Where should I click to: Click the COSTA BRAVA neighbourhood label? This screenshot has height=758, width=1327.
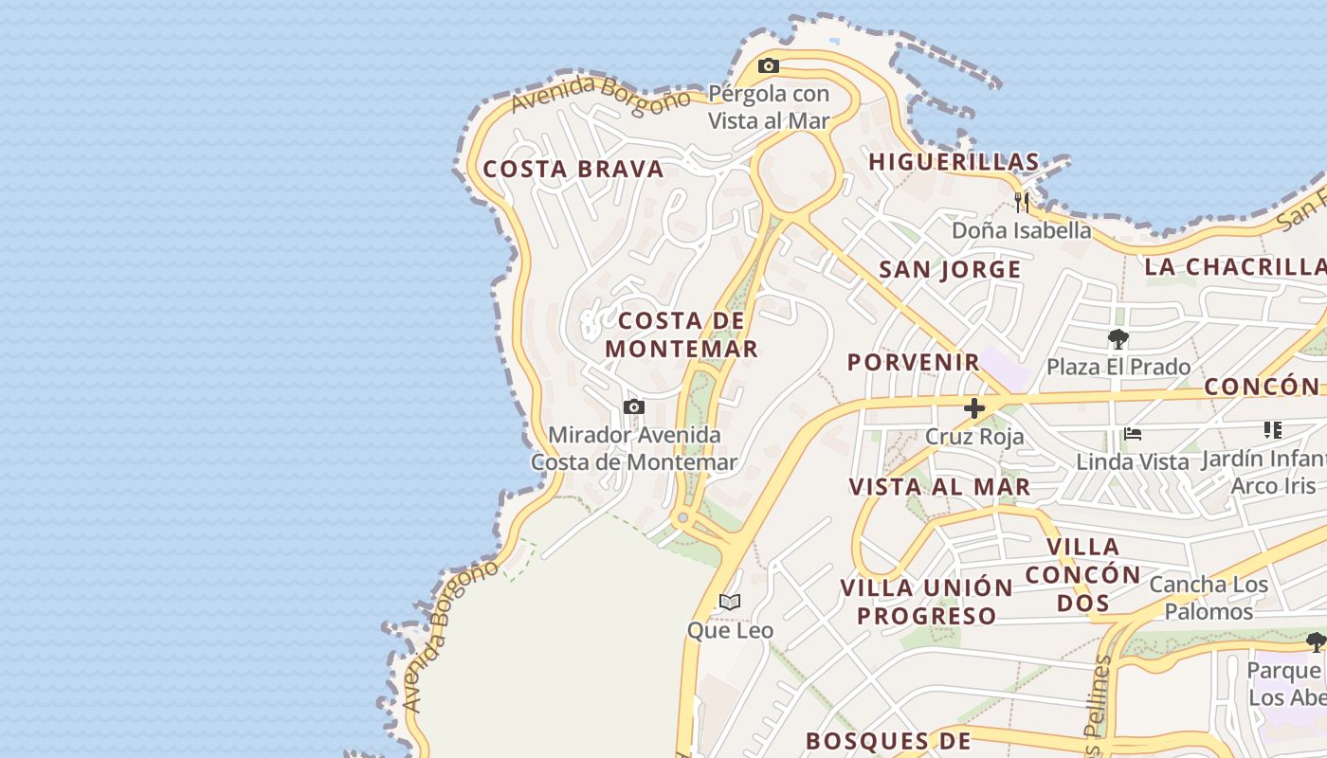(x=573, y=170)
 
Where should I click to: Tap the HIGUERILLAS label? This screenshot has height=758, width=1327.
(x=954, y=162)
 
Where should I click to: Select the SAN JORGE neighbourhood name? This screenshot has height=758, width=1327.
(x=950, y=270)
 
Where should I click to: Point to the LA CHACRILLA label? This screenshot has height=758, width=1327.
(x=1234, y=266)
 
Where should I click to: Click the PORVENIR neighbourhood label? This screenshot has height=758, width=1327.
(x=914, y=362)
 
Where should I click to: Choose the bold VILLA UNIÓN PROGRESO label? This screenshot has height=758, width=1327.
(x=927, y=602)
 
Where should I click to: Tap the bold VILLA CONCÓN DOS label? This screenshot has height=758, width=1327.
(x=1082, y=574)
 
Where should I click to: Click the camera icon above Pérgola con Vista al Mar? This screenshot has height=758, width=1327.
(x=769, y=66)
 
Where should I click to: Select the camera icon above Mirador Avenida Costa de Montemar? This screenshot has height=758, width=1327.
(x=634, y=407)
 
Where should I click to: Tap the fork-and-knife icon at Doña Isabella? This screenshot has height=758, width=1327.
(x=1022, y=202)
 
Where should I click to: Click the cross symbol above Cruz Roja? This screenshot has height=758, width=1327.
(x=974, y=408)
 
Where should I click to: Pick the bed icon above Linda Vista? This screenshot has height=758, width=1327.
(x=1132, y=435)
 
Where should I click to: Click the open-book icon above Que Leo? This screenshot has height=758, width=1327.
(x=730, y=602)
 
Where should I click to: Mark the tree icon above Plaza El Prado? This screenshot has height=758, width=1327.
(x=1118, y=339)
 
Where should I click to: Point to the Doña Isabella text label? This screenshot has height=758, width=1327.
(x=1021, y=230)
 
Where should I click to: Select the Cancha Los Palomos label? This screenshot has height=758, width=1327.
(x=1209, y=598)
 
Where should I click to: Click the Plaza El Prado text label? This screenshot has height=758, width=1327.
(x=1118, y=367)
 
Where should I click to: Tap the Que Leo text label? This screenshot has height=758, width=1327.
(x=730, y=630)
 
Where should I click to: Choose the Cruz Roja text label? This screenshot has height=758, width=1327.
(x=974, y=437)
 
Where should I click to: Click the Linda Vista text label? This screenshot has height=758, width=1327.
(x=1132, y=462)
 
